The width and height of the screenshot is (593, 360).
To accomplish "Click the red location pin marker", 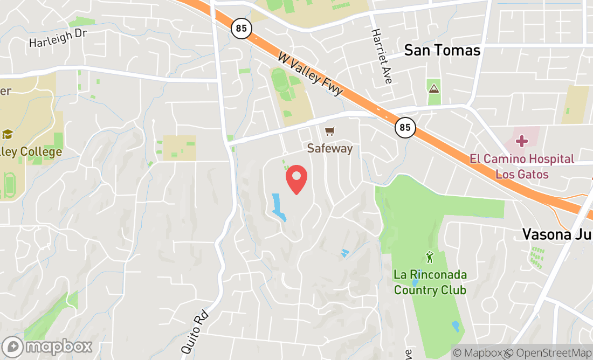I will click(x=296, y=179).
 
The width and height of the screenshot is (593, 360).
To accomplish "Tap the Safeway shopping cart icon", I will click(x=329, y=131).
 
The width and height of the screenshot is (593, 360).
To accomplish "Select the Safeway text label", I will click(x=329, y=148).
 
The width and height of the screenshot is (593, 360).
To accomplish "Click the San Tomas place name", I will click(x=442, y=50).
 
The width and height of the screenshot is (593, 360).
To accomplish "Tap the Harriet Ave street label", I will click(x=381, y=56).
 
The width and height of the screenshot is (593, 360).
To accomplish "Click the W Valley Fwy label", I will click(x=311, y=74).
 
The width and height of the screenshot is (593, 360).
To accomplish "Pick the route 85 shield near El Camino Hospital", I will click(x=405, y=128).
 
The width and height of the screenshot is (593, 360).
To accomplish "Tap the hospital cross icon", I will click(x=521, y=141).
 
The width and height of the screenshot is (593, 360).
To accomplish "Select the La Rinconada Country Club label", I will click(x=430, y=282).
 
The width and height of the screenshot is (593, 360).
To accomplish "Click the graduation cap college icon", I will click(x=8, y=134).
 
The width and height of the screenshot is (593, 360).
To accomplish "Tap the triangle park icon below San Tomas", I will click(x=434, y=87).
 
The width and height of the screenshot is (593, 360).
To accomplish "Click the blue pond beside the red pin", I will click(x=278, y=207).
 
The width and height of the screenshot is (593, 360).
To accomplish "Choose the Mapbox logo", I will click(x=47, y=346).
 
